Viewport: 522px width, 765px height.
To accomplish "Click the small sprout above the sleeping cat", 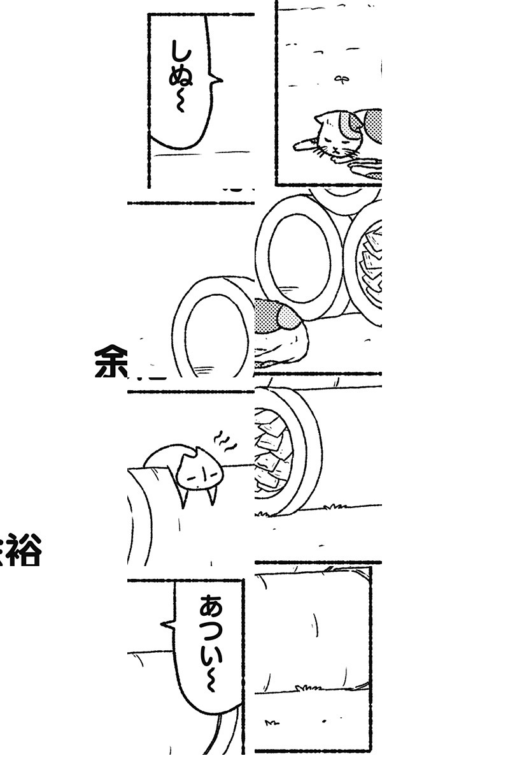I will click(x=342, y=79).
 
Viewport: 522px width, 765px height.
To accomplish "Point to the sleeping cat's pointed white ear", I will click(x=320, y=119).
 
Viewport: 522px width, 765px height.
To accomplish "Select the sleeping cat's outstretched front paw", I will click(x=304, y=145).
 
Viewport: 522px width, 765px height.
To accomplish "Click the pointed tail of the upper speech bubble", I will click(x=218, y=80).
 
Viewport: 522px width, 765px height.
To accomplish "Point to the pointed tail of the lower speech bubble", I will click(x=167, y=624).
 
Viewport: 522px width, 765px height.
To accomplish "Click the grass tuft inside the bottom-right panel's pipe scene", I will click(x=309, y=688).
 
